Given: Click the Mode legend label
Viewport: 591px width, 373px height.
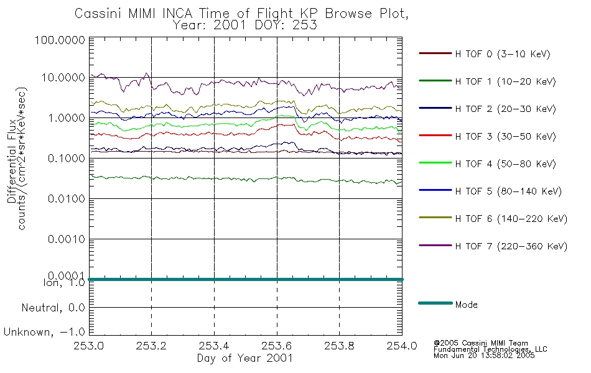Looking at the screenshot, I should tap(466, 305).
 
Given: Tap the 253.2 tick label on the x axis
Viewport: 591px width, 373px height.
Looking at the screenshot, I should tap(152, 346).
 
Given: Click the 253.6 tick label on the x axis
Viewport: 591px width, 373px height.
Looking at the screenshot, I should tap(277, 346).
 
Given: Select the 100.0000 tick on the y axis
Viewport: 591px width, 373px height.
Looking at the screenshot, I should tap(61, 40).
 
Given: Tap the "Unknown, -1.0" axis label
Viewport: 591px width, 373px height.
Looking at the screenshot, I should tap(45, 332).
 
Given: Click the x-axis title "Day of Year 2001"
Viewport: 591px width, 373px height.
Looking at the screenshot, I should tap(245, 358).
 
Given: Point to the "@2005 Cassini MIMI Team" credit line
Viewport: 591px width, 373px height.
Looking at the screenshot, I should tap(481, 343).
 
